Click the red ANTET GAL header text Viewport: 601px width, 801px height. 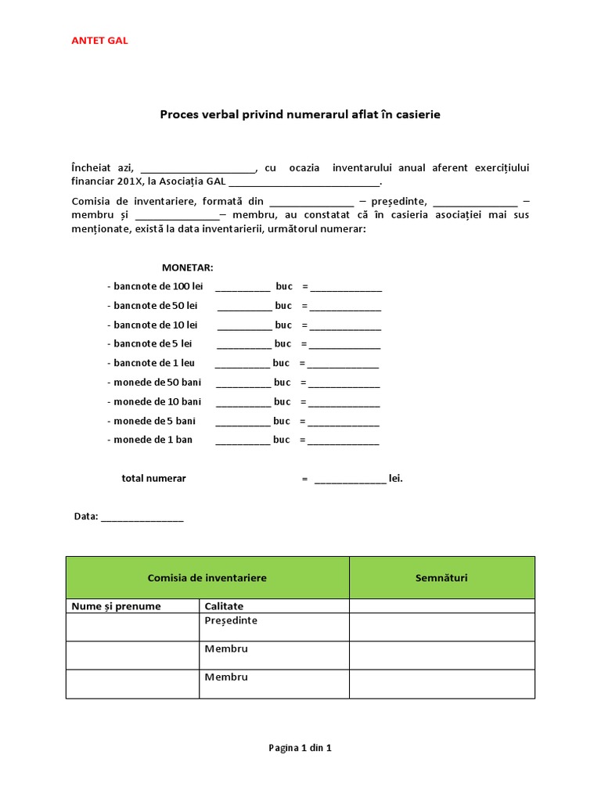coord(99,41)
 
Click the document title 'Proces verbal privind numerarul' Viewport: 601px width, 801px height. coord(300,114)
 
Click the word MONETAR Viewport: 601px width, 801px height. coord(187,268)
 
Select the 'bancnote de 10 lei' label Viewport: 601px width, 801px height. coord(155,325)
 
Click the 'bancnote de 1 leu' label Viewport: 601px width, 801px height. coord(153,363)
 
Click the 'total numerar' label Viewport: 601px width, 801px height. coord(153,478)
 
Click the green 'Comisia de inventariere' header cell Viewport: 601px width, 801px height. coord(207,577)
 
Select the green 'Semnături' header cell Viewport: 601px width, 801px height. coord(442,577)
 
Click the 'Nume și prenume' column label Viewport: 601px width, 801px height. coord(116,606)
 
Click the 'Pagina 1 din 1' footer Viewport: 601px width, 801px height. coord(300,748)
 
